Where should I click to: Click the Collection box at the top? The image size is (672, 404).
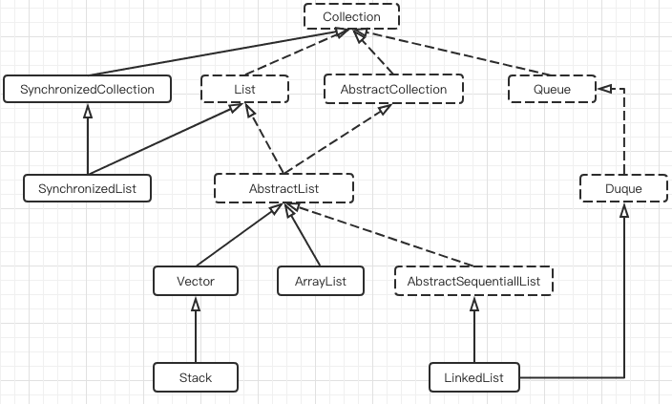point(351,16)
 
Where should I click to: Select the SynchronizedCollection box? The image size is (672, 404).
point(87,90)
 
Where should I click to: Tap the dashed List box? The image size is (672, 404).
point(242,90)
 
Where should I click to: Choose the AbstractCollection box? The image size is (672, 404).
point(393,90)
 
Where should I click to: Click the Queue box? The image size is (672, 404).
point(551,90)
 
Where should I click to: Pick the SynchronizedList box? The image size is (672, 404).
point(87,188)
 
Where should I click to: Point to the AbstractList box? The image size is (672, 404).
point(283,188)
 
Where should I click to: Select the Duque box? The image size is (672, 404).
point(623,189)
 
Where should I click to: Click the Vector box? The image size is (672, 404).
point(196,281)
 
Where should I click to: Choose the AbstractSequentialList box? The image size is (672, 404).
point(473,281)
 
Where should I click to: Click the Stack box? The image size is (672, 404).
point(196,377)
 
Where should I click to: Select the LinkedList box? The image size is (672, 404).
point(473,377)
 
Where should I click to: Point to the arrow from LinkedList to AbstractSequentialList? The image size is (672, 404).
point(473,330)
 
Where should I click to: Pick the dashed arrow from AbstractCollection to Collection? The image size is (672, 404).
point(376,53)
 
